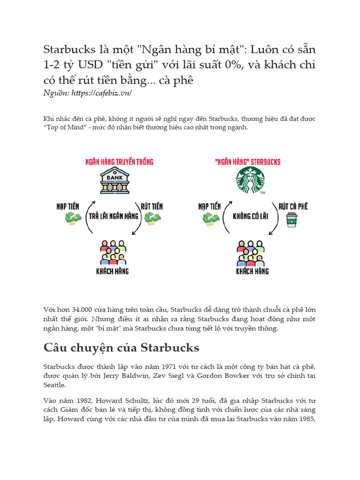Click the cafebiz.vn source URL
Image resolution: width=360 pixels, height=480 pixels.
pos(101,93)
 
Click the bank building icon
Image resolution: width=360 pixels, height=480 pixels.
pos(114,181)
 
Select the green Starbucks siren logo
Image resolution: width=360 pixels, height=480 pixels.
pos(250,180)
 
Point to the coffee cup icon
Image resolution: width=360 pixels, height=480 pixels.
pos(292,219)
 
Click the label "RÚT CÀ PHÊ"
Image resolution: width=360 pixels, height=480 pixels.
pos(293,206)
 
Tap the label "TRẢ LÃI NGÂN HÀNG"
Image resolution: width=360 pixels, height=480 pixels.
pos(114,216)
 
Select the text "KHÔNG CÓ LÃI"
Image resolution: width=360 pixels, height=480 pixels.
pos(249,217)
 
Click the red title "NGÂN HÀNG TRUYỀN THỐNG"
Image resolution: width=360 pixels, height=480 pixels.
pos(119,162)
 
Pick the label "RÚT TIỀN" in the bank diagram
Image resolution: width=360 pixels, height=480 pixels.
pos(152,206)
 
